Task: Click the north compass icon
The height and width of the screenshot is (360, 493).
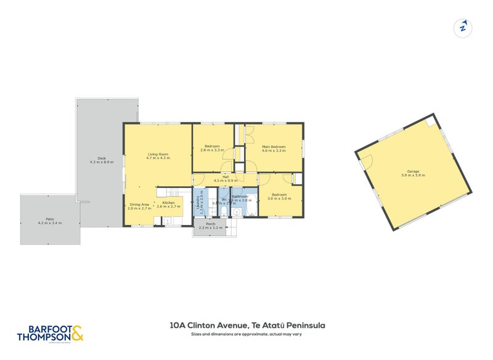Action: tap(462, 28)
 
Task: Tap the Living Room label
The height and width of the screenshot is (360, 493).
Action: tap(158, 154)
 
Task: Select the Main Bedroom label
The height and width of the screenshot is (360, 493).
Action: tap(274, 147)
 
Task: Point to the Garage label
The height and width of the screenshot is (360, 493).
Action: tap(413, 171)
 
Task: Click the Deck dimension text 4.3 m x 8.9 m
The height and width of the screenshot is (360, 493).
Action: tap(102, 162)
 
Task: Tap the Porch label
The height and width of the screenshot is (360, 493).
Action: tap(211, 224)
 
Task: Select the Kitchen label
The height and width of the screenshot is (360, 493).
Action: tap(168, 203)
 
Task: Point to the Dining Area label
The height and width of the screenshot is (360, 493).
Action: tap(139, 205)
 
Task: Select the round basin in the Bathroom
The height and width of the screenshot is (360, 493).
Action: tap(237, 211)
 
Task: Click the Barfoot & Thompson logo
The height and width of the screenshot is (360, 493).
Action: tap(49, 333)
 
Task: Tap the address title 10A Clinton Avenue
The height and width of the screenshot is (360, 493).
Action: tap(246, 325)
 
